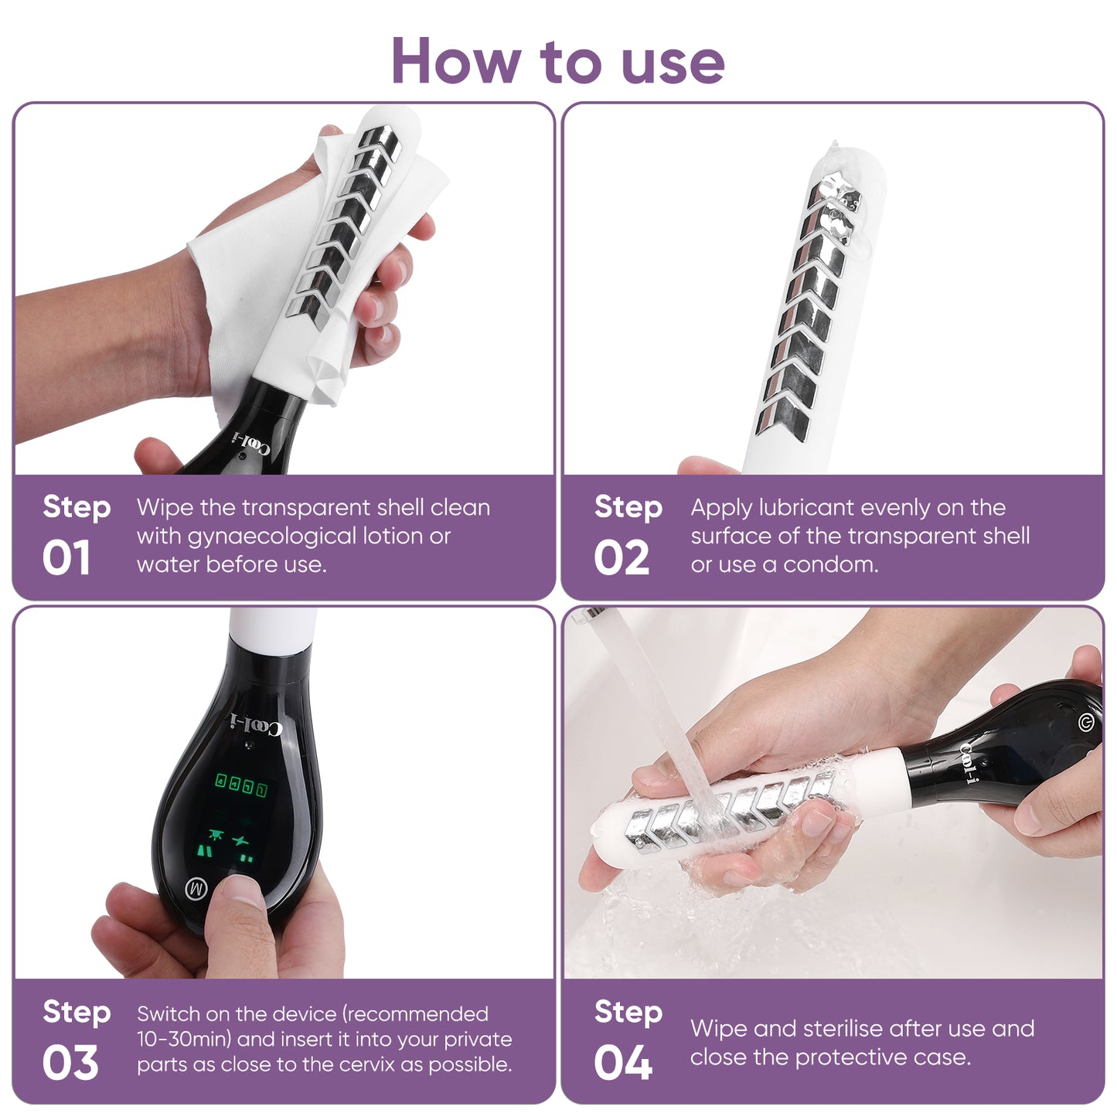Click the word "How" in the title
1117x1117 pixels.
(455, 61)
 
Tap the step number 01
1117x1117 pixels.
(66, 557)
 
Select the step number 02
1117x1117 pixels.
(622, 557)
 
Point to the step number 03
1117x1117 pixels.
(70, 1063)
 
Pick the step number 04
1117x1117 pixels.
(623, 1063)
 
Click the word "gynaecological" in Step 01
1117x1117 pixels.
(272, 537)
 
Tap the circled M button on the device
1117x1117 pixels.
(196, 888)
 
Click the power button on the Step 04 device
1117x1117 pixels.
(1087, 722)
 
